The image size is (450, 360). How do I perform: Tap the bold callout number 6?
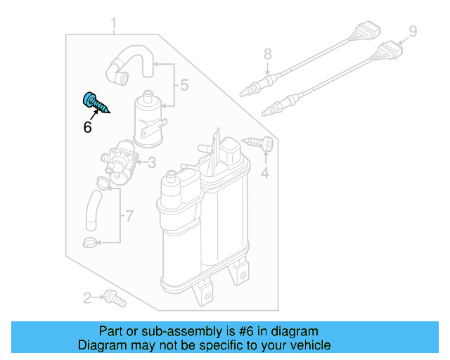[x=87, y=127]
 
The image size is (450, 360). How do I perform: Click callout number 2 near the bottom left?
[x=87, y=299]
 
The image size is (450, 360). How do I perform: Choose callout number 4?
[x=265, y=172]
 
